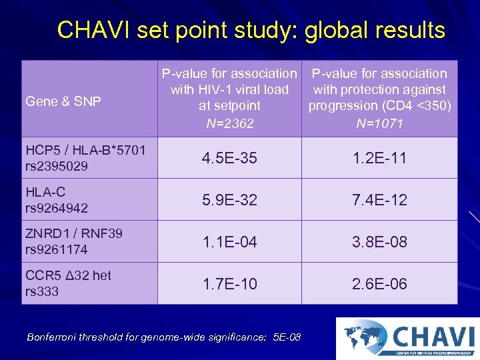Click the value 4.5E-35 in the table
tap(229, 158)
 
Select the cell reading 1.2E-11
tap(379, 158)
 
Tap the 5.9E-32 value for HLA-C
tap(229, 200)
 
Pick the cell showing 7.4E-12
tap(379, 200)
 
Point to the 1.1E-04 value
tap(229, 242)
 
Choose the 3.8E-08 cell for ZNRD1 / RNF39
tap(379, 242)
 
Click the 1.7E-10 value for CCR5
tap(229, 284)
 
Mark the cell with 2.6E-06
tap(379, 284)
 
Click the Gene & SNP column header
tap(63, 101)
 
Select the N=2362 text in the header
tap(229, 123)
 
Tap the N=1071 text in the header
tap(379, 123)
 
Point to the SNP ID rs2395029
tap(57, 166)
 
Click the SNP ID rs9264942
tap(57, 208)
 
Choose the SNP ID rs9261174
tap(57, 250)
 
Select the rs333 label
tap(41, 291)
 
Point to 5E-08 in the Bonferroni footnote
tap(287, 337)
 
